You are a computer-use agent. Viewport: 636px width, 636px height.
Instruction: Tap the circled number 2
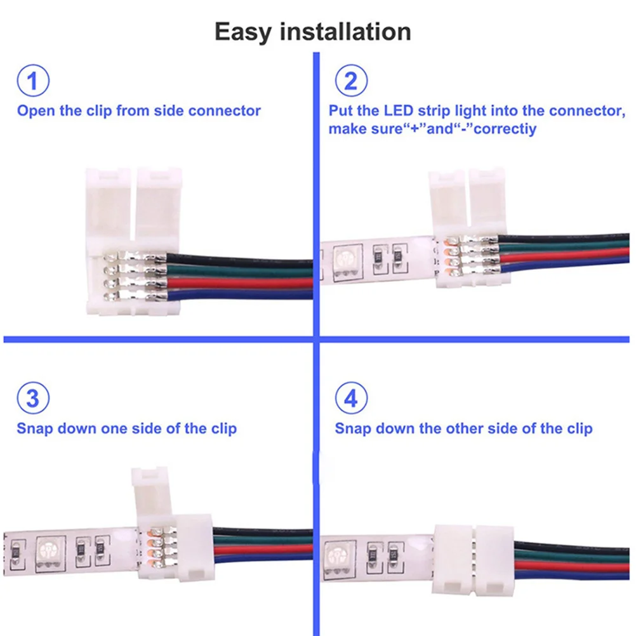point(350,82)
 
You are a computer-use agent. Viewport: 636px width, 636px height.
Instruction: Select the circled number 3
point(32,399)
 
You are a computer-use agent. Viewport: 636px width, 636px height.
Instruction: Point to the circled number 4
point(350,399)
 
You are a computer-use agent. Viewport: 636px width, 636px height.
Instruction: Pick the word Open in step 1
point(36,111)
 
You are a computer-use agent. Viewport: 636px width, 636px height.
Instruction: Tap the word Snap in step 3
point(35,428)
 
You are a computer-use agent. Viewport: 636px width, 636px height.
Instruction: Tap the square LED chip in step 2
point(348,260)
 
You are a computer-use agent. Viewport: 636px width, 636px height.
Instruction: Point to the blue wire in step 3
point(267,562)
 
